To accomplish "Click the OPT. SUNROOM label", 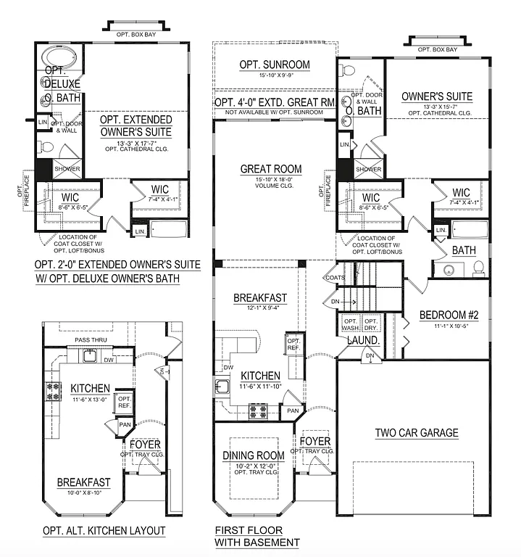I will click(x=275, y=65).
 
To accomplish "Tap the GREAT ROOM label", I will click(x=271, y=169).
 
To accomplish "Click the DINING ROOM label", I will click(x=253, y=455).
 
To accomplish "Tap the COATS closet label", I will click(x=335, y=277).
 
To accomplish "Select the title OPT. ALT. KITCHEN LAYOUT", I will click(x=104, y=531).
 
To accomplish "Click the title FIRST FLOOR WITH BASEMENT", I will click(x=257, y=537).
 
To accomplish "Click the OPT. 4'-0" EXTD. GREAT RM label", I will click(x=275, y=102).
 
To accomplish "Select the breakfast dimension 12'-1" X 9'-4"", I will click(x=260, y=308).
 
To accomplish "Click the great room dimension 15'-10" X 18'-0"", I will click(x=271, y=180).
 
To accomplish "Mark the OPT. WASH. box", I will click(x=350, y=323).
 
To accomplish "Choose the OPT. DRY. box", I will click(x=371, y=323).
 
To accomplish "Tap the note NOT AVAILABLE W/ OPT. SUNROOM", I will click(x=275, y=112).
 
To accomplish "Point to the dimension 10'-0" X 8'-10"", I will click(x=84, y=492).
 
